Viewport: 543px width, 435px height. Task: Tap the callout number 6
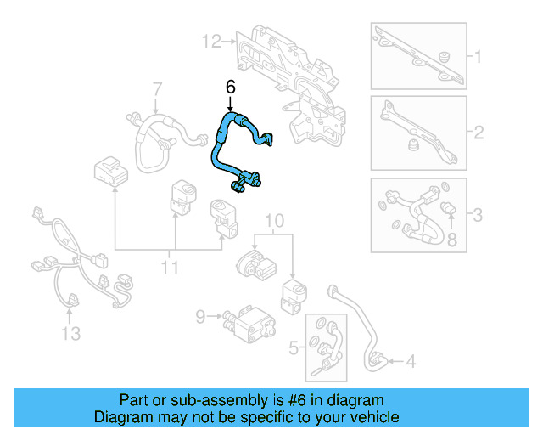click(230, 88)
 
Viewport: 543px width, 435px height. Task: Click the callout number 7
click(156, 88)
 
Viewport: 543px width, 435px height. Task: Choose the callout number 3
click(477, 215)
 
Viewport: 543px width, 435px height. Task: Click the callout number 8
click(451, 240)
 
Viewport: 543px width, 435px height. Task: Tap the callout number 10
click(272, 223)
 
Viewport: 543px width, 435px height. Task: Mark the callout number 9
click(200, 317)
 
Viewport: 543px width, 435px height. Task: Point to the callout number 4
click(410, 363)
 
